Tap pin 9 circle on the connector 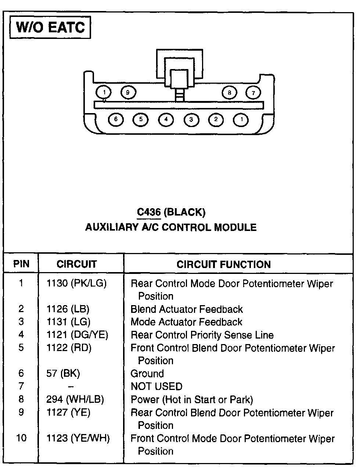click(128, 92)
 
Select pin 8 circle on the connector click(229, 93)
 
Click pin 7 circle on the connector click(253, 93)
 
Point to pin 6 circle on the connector click(116, 119)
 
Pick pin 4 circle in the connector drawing click(166, 119)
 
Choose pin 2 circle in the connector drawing click(216, 119)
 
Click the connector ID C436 click(149, 212)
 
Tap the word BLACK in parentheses click(185, 212)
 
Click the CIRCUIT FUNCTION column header click(223, 264)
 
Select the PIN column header click(21, 264)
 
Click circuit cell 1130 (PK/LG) click(76, 283)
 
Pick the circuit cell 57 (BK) click(63, 373)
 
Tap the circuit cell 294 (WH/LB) click(75, 399)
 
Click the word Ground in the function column click(147, 373)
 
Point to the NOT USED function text click(156, 386)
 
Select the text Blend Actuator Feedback click(187, 309)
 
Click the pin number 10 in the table click(21, 438)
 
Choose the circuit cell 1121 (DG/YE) click(77, 335)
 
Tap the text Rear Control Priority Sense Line click(202, 335)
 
